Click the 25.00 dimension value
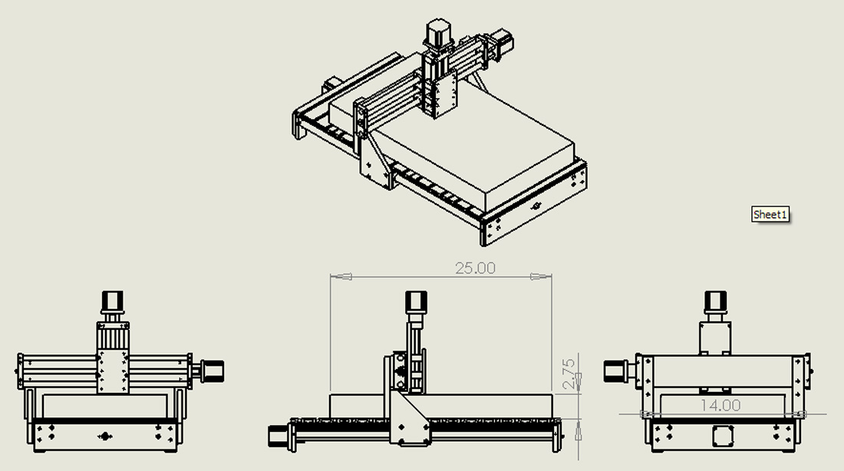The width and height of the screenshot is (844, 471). point(475,268)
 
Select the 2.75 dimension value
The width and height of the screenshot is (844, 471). point(569,374)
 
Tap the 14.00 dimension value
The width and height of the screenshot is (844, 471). point(720,405)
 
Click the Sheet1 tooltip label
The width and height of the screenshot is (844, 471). point(770,214)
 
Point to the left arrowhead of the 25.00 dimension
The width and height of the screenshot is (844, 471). point(341,277)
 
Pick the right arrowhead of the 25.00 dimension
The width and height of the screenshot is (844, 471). point(541,277)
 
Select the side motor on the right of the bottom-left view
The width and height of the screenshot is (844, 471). point(212,371)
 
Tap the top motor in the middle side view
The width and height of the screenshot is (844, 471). point(416,302)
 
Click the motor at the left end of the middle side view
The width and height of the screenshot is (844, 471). point(278,436)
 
